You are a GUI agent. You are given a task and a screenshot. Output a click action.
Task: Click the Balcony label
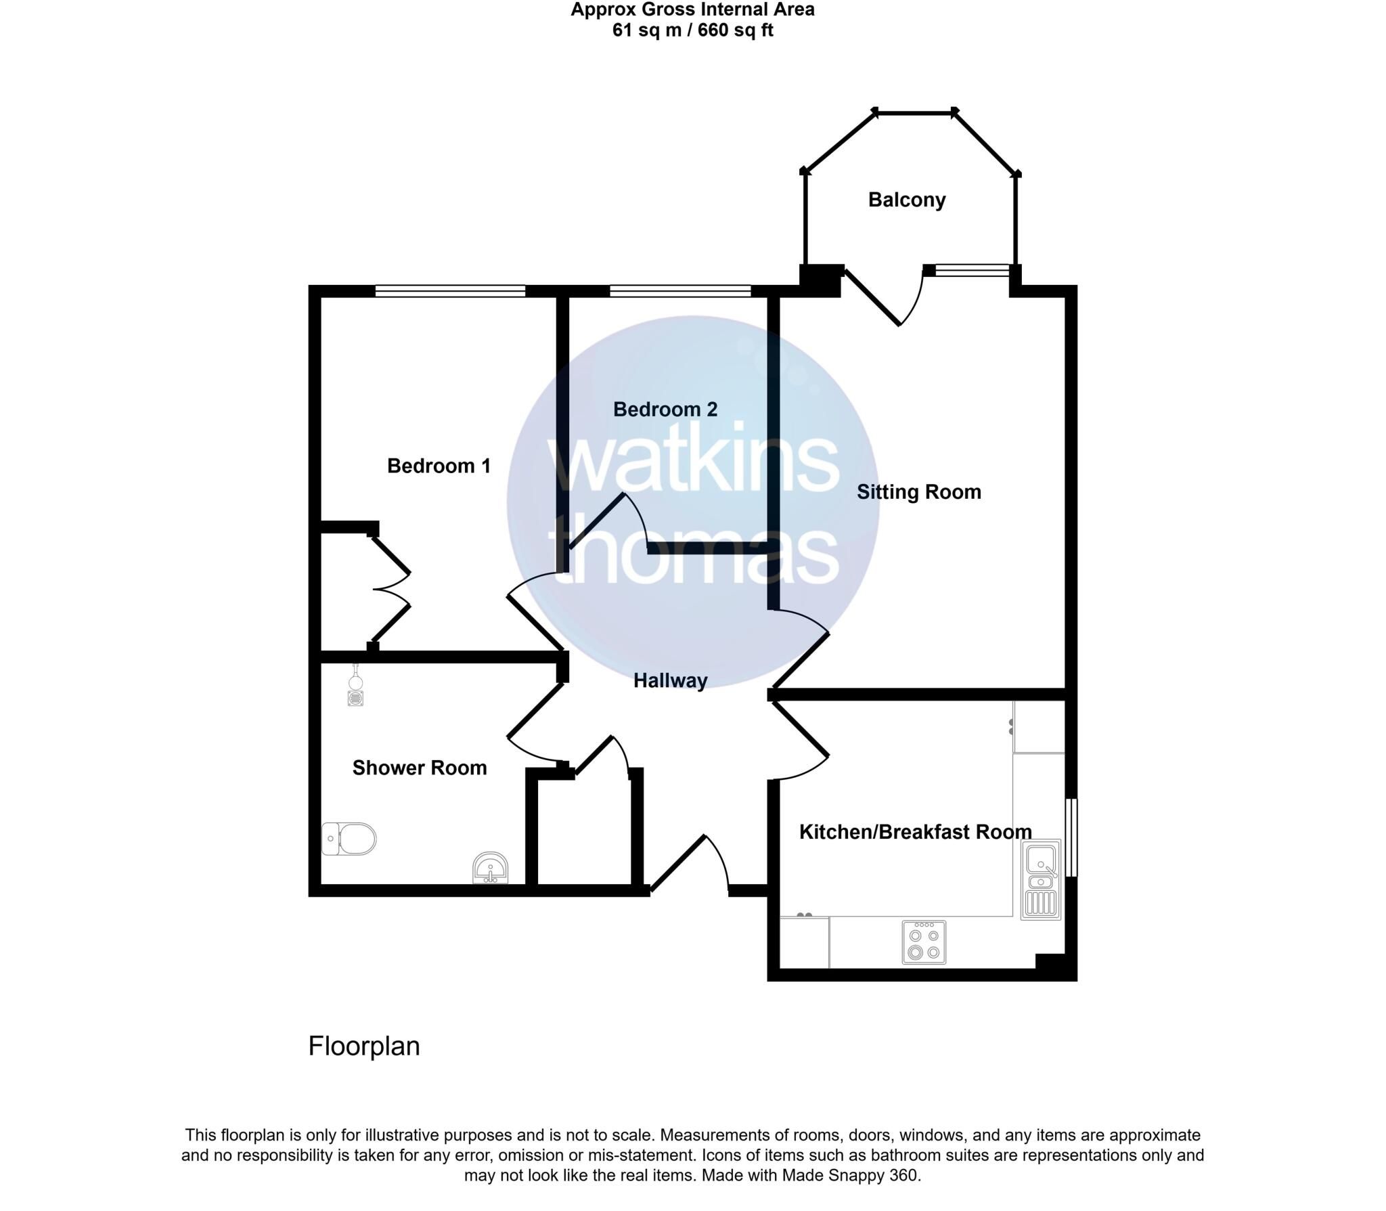[907, 200]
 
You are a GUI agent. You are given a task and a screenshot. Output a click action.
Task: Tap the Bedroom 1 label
[439, 466]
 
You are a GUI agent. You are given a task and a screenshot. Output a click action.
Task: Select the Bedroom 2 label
[665, 409]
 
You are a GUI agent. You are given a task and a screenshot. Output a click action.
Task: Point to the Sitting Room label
[919, 492]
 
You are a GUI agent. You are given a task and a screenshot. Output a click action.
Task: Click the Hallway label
[671, 681]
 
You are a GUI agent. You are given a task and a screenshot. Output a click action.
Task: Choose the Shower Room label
[420, 768]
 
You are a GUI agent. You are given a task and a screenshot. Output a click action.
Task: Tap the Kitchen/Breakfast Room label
[916, 832]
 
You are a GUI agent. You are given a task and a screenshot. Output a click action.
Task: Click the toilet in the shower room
[349, 839]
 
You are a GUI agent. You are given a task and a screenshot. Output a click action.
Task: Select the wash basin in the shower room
[490, 868]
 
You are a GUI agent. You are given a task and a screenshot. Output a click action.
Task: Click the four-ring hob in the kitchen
[924, 942]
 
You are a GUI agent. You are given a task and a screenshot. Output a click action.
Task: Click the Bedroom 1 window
[450, 291]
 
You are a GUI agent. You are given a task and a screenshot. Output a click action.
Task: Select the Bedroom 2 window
[680, 291]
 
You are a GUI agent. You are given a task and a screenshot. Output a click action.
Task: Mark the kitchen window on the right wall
[1071, 837]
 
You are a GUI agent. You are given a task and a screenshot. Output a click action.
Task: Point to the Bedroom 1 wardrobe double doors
[390, 589]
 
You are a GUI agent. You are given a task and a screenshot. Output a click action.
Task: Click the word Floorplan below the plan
[364, 1047]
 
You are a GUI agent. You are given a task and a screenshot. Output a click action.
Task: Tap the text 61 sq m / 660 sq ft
[692, 30]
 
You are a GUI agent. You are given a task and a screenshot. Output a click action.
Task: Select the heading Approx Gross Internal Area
[692, 9]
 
